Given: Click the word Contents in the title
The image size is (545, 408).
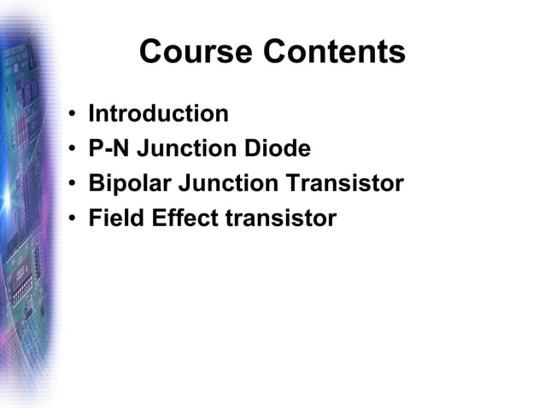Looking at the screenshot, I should (x=334, y=53).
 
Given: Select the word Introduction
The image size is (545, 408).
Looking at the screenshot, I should (x=158, y=114).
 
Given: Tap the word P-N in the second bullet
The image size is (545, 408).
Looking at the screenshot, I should (x=107, y=149).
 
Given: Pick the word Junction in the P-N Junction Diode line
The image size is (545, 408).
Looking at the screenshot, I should (x=181, y=149).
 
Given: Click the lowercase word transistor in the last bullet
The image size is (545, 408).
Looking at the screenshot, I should (x=281, y=219).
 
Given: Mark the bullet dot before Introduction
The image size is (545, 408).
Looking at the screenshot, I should (x=74, y=115).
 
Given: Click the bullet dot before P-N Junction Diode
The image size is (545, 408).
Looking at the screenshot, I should (x=74, y=150).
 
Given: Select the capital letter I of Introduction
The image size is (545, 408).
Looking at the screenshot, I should (x=91, y=114).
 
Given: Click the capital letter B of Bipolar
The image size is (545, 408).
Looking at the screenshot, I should (x=96, y=184).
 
